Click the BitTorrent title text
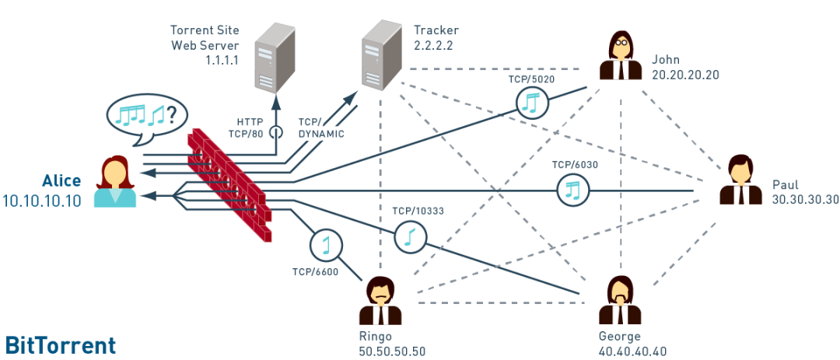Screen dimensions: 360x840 (61, 345)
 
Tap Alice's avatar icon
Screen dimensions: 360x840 (115, 182)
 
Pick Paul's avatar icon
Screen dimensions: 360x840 (740, 180)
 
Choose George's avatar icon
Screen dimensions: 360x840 (621, 301)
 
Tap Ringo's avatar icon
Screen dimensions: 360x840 (380, 301)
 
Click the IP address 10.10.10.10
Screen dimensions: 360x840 (40, 201)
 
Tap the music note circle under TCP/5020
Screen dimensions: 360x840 (532, 102)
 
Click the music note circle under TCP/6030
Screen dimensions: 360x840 (573, 189)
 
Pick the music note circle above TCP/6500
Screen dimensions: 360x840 (326, 246)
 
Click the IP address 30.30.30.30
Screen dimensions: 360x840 (803, 200)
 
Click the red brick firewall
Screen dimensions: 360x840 (230, 185)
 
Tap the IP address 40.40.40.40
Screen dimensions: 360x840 (632, 351)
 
